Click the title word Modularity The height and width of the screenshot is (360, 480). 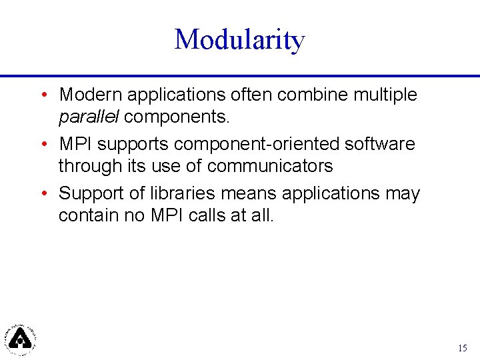239,40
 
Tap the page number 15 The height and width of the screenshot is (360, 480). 463,348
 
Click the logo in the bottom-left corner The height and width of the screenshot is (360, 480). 21,338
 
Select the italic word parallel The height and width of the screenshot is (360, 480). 89,117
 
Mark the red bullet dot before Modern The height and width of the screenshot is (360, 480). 43,95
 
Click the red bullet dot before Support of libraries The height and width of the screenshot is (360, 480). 43,193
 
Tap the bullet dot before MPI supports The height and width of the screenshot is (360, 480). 43,144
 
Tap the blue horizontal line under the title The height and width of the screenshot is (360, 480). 240,75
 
